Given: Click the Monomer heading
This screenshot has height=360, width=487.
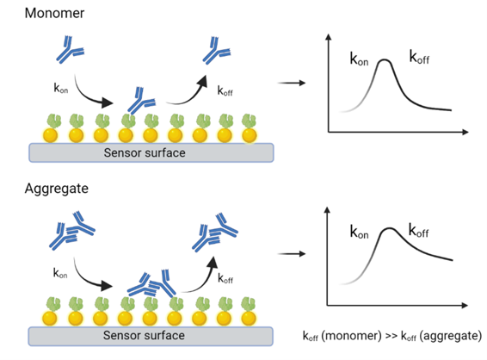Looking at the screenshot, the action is click(x=54, y=14).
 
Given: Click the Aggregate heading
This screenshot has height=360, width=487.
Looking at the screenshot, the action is click(x=57, y=189).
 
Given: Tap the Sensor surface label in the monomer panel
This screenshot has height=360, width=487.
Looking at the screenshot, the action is click(x=145, y=152).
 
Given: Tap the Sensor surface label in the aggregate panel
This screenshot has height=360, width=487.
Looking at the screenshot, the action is click(x=144, y=335).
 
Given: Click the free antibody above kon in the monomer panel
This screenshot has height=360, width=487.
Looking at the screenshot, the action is click(x=70, y=50).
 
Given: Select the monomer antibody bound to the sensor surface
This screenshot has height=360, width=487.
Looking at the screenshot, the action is click(x=141, y=101).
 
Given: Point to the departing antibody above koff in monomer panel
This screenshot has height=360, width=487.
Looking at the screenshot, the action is click(x=217, y=51).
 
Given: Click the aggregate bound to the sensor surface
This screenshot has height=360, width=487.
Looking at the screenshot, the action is click(x=152, y=283).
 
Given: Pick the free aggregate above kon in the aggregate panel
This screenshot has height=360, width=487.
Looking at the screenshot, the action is click(x=72, y=230).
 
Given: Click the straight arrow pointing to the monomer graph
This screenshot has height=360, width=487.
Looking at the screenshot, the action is click(x=292, y=83).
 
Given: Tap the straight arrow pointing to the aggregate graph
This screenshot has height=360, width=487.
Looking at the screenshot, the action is click(x=292, y=254).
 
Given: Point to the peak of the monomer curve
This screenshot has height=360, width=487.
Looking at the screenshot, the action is click(x=385, y=60).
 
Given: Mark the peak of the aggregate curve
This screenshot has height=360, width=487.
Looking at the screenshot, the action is click(x=389, y=229).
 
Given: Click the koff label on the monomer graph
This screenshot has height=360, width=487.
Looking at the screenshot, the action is click(x=419, y=57).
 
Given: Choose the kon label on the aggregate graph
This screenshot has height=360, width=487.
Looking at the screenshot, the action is click(x=359, y=232).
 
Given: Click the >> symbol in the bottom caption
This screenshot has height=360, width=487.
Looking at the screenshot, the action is click(x=391, y=336).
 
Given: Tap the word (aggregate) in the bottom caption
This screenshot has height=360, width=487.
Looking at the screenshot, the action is click(x=451, y=336).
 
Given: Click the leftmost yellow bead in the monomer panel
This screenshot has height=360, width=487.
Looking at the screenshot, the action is click(x=50, y=135).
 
